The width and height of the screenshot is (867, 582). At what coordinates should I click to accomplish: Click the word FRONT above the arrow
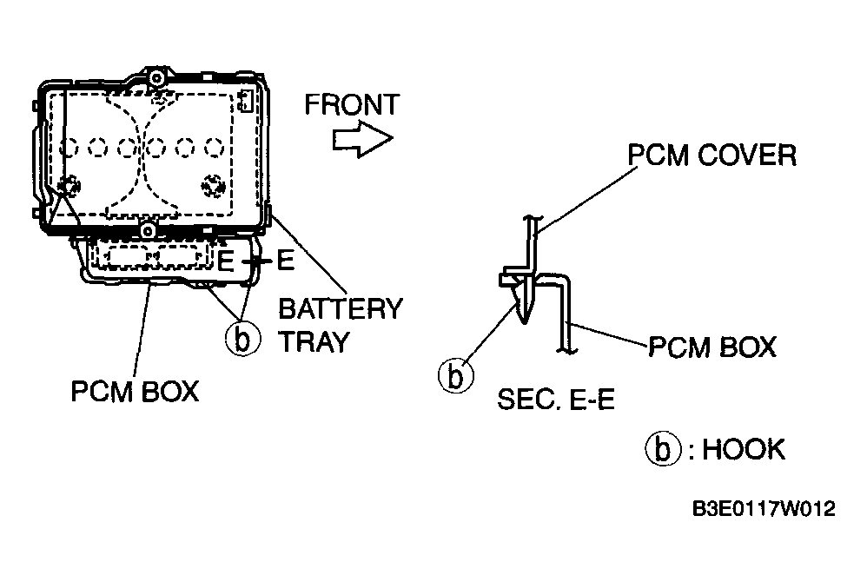352,105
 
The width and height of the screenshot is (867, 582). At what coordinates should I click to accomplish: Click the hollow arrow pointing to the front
362,139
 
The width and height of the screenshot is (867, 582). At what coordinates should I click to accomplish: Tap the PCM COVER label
712,155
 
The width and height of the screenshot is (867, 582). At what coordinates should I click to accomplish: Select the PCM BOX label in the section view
712,347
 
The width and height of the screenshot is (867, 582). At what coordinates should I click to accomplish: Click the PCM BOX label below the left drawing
135,392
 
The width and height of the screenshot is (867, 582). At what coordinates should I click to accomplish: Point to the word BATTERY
341,309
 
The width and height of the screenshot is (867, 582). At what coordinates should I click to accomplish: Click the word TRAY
314,342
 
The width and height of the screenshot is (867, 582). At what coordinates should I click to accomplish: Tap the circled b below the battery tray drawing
242,339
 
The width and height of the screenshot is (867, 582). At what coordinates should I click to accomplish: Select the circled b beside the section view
455,376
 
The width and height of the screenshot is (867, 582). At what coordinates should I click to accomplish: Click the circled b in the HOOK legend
663,449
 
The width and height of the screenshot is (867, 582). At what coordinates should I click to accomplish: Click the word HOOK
743,449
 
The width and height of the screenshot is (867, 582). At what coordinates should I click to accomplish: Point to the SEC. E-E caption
556,399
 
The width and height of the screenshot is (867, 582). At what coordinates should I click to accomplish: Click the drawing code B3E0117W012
764,508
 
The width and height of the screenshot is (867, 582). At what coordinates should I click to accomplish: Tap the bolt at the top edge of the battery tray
156,76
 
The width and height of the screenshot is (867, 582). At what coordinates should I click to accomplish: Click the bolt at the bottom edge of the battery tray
148,229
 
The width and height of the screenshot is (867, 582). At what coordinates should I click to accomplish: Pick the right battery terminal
213,186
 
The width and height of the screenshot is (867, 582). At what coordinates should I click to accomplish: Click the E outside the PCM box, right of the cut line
285,261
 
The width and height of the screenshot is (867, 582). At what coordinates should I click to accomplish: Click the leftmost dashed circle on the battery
69,148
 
